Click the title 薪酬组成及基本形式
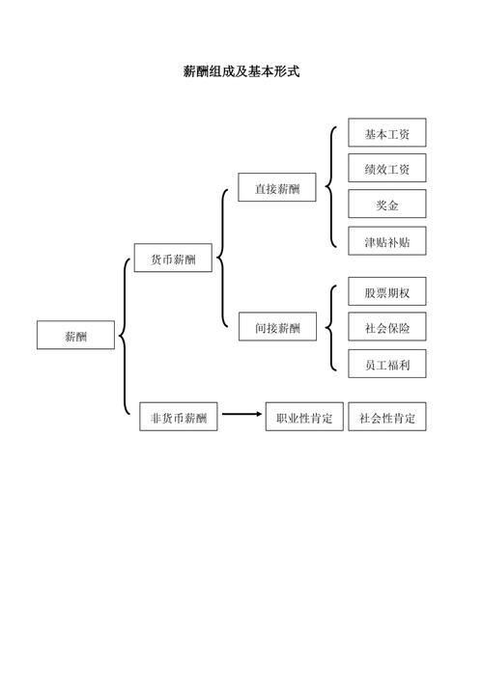pos(241,71)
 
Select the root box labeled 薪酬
pos(75,336)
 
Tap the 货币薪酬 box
pos(173,259)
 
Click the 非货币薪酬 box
pos(179,418)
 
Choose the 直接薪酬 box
pos(277,188)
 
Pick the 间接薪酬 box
pos(277,328)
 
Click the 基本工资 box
pos(386,133)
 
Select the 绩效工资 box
pos(386,169)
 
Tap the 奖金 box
pos(386,205)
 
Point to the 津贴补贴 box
pos(386,241)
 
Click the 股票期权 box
pos(386,292)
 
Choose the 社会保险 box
pos(386,328)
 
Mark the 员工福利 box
pos(386,364)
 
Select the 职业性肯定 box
pos(304,418)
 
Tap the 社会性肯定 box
pos(387,418)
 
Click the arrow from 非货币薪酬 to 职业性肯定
pos(241,416)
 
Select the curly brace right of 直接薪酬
pos(329,186)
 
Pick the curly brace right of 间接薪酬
pos(329,328)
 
